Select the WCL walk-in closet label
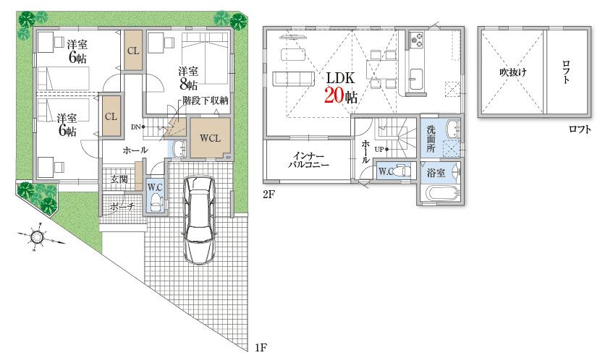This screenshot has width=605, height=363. tap(210, 137)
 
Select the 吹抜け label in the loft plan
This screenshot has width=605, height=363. tap(512, 72)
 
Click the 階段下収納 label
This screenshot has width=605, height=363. tap(206, 101)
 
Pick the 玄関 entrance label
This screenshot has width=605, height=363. tap(119, 179)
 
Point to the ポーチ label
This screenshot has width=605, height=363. tap(121, 206)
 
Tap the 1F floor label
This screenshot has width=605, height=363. tap(262, 349)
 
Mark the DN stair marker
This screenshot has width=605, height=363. tap(135, 127)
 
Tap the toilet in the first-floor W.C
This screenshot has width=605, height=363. tap(154, 201)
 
